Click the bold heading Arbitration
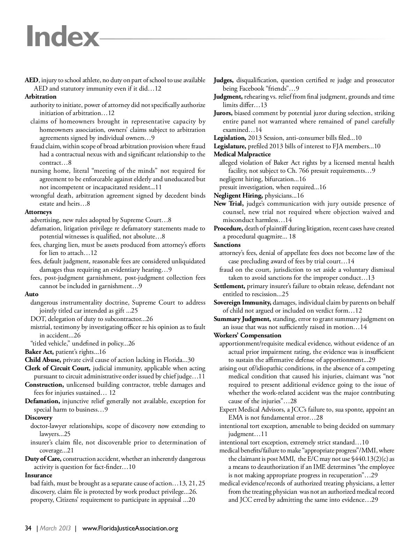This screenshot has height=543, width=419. (x=41, y=97)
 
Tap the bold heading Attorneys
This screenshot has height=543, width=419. (x=38, y=212)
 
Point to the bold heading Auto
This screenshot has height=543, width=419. (x=31, y=294)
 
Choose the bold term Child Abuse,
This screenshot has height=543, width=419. (x=43, y=360)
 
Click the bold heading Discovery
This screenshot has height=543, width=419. (x=38, y=417)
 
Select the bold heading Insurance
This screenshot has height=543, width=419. (x=38, y=475)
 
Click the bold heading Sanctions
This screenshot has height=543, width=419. (x=227, y=245)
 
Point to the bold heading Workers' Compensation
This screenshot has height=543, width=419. (x=243, y=335)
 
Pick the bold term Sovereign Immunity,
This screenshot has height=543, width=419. (x=242, y=302)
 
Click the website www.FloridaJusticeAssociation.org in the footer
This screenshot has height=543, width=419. (x=130, y=528)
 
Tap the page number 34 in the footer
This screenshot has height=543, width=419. (x=28, y=528)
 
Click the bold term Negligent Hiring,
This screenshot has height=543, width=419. (x=238, y=195)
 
